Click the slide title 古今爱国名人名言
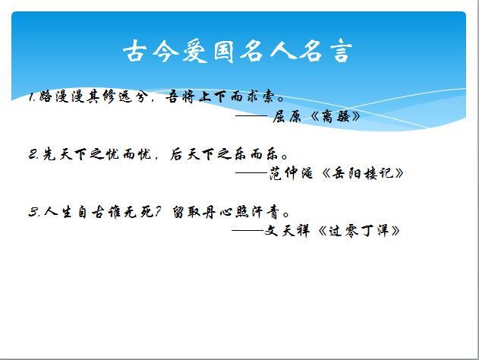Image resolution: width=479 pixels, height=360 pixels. point(238,51)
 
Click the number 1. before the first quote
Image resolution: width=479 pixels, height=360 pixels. point(33,96)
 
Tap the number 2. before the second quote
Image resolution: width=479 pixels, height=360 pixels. point(33,154)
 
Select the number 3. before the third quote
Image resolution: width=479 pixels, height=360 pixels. point(34,212)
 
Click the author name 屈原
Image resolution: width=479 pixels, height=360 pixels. point(286,116)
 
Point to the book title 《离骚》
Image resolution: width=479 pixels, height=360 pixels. point(335,116)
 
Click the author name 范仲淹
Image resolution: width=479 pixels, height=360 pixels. point(291,173)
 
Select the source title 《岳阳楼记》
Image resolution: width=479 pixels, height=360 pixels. point(363,173)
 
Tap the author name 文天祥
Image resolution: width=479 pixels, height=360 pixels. point(287,230)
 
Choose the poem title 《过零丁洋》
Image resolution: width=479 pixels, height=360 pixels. point(358,230)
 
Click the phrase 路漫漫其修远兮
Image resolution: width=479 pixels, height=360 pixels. point(91,96)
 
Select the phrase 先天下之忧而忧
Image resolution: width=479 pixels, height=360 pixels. point(97,154)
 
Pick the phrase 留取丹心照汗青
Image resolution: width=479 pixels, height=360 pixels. point(225,212)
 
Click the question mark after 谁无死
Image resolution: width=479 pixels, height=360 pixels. point(158,211)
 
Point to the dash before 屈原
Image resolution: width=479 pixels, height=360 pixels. point(251,116)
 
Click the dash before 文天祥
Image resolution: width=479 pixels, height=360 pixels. point(247,230)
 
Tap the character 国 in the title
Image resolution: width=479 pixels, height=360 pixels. point(223,51)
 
